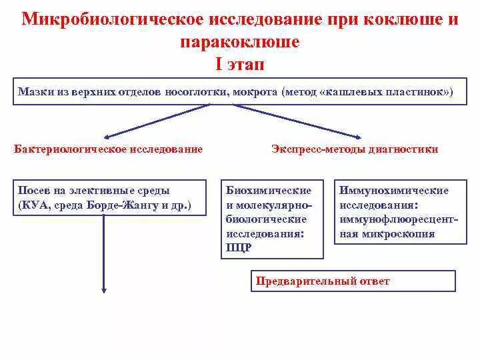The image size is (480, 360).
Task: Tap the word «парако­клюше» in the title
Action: click(x=240, y=42)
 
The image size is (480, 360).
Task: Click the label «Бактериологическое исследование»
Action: click(x=109, y=149)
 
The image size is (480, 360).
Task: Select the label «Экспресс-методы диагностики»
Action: click(x=355, y=149)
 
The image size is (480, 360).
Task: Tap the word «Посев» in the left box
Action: click(x=33, y=191)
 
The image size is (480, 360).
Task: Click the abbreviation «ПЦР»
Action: click(x=238, y=248)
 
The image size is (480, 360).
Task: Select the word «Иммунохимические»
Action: click(x=394, y=191)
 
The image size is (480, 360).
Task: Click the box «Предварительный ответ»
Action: click(x=353, y=281)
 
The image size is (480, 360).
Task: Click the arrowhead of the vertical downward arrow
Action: click(x=104, y=289)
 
